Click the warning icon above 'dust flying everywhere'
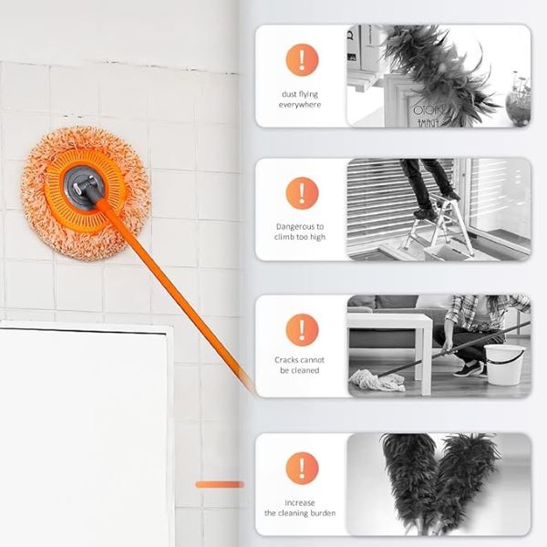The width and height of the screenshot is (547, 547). pyautogui.click(x=302, y=60)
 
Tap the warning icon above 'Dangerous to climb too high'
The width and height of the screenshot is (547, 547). pyautogui.click(x=302, y=193)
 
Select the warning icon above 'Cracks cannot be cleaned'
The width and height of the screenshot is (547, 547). pyautogui.click(x=302, y=329)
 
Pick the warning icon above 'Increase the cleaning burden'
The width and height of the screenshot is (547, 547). pyautogui.click(x=302, y=468)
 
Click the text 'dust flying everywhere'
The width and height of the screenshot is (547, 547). pyautogui.click(x=301, y=99)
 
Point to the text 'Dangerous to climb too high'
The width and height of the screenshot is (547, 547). pyautogui.click(x=301, y=232)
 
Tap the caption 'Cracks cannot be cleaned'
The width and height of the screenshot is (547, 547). pyautogui.click(x=301, y=365)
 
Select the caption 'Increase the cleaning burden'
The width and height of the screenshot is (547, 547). pyautogui.click(x=301, y=508)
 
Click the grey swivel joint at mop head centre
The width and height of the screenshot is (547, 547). pyautogui.click(x=92, y=186)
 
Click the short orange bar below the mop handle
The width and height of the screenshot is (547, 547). pyautogui.click(x=220, y=484)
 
